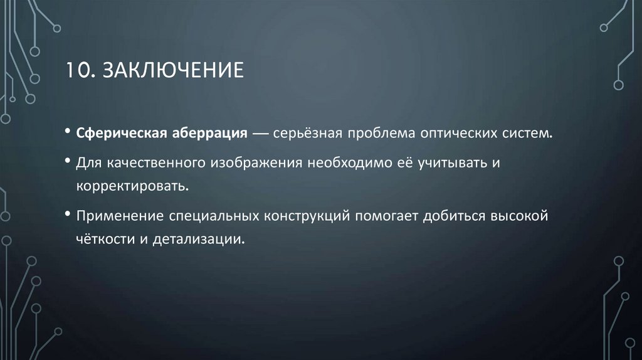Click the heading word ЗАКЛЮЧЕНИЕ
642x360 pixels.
[x=170, y=70]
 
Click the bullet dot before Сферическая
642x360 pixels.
[x=67, y=134]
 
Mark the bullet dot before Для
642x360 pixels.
[x=67, y=162]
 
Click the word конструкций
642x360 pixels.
[x=307, y=216]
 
